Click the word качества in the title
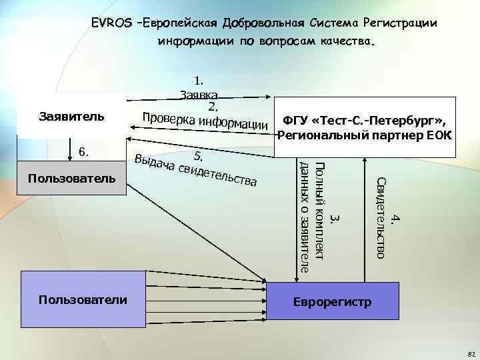pyautogui.click(x=347, y=41)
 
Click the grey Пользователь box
pyautogui.click(x=71, y=179)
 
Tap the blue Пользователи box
pyautogui.click(x=82, y=301)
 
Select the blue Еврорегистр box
pyautogui.click(x=333, y=301)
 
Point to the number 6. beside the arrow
pyautogui.click(x=85, y=152)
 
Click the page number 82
pyautogui.click(x=471, y=353)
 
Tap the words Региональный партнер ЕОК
pyautogui.click(x=365, y=136)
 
